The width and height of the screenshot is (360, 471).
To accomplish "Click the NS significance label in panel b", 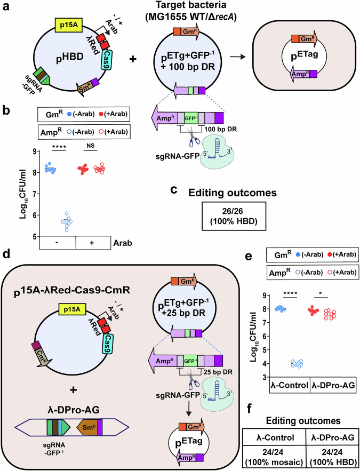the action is click(x=90, y=146).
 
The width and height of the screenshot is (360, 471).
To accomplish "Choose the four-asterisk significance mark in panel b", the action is click(x=59, y=146).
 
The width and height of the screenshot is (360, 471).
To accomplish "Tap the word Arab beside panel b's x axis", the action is click(x=122, y=243).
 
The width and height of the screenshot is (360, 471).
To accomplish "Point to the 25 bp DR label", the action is click(x=218, y=372).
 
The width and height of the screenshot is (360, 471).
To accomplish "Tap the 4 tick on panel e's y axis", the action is click(x=260, y=364).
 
